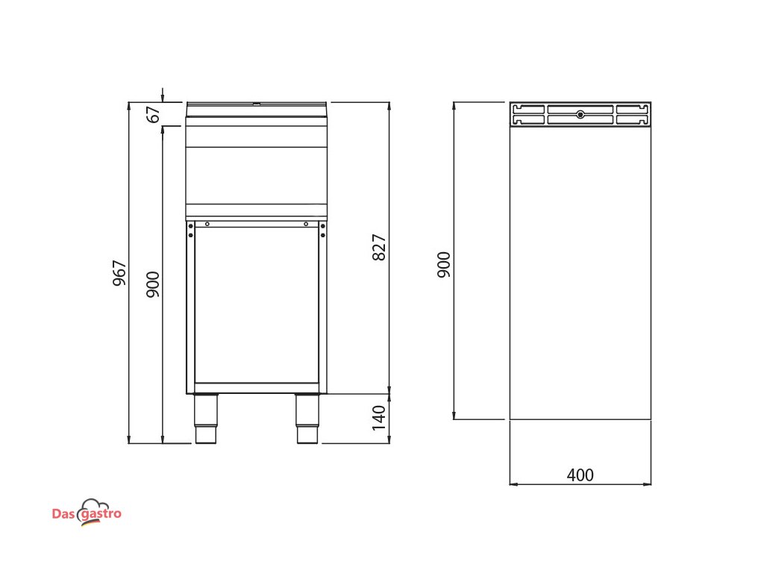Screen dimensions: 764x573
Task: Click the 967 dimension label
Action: (119, 273)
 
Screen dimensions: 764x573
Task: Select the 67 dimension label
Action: (153, 114)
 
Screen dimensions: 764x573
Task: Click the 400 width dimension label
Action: (580, 475)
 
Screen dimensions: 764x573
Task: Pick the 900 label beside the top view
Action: (444, 265)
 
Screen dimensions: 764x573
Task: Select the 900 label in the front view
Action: (153, 284)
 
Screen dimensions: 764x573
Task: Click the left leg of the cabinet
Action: (206, 419)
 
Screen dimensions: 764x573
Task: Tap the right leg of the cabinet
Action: (307, 419)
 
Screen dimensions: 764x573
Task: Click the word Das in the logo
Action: (63, 514)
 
